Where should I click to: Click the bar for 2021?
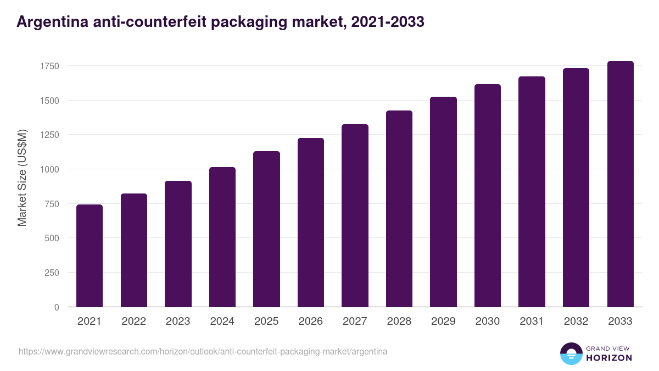(x=90, y=256)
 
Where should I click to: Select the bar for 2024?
(x=222, y=237)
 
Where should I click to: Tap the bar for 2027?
(x=355, y=215)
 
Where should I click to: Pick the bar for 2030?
(x=488, y=196)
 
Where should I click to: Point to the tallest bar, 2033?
(x=621, y=184)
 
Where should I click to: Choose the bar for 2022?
(x=134, y=250)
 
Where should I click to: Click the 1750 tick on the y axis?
(x=49, y=66)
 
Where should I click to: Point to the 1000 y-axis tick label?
(x=49, y=169)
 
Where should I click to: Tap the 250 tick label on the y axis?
(x=52, y=273)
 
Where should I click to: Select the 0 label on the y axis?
(x=57, y=307)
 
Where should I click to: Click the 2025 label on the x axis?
(x=266, y=322)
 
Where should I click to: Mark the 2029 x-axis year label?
(x=443, y=322)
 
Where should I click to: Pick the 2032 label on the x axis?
(x=576, y=322)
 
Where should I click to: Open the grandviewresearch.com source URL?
(x=203, y=351)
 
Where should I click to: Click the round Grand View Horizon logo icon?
(x=571, y=353)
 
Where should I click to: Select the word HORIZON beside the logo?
(x=609, y=358)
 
